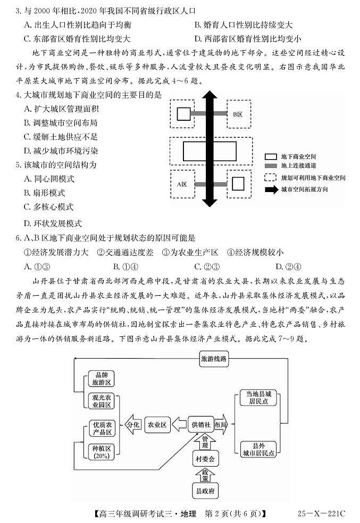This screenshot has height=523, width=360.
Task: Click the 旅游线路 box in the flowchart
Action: [x=214, y=359]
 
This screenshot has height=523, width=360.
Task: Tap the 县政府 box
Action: [x=205, y=490]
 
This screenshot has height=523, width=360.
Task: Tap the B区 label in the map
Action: [x=238, y=114]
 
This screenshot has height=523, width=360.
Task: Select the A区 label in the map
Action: [x=182, y=184]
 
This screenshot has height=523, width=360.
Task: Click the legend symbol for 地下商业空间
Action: [x=271, y=156]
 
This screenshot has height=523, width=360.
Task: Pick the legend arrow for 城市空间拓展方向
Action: [x=271, y=189]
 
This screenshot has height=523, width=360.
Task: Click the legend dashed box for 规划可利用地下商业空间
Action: [x=271, y=178]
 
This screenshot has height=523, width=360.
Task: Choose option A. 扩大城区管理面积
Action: [x=62, y=109]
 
